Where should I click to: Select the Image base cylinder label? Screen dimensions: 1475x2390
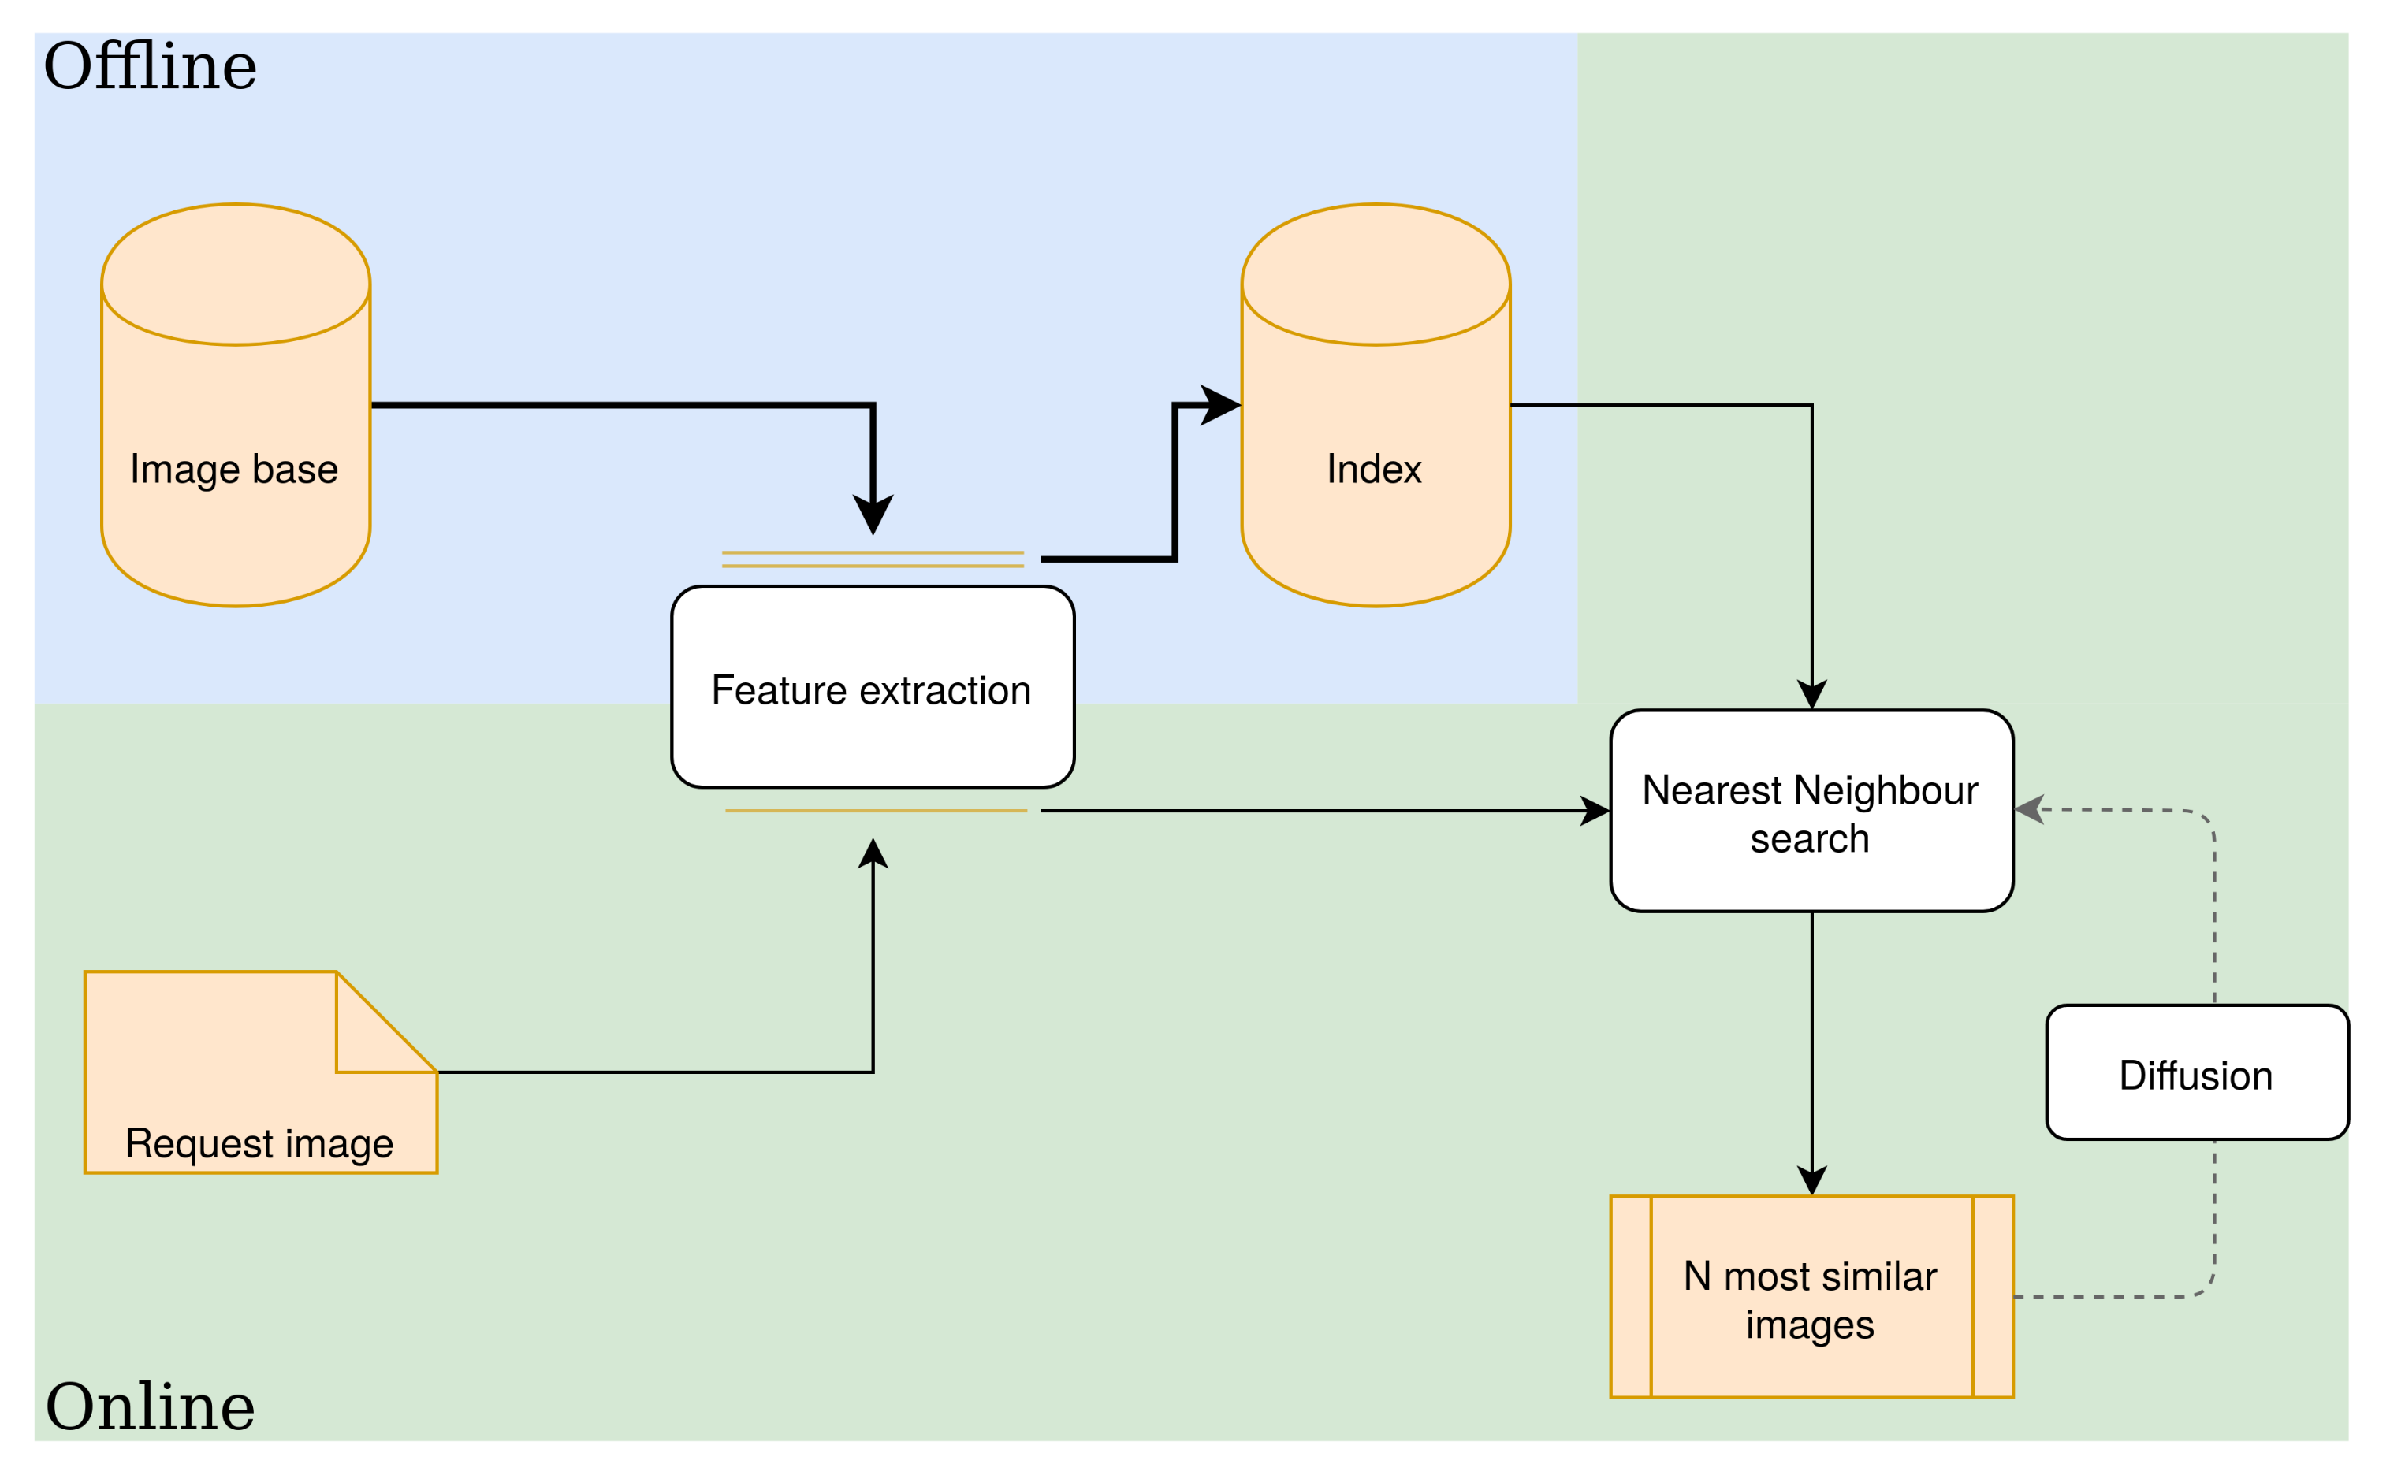(234, 470)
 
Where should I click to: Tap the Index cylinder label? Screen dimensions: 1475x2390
(1374, 470)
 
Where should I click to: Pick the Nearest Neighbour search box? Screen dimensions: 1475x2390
(1811, 812)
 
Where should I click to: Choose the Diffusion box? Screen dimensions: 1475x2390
(2196, 1074)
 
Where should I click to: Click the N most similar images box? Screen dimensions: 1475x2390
(1811, 1299)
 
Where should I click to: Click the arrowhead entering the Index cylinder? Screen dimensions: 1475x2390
(1222, 405)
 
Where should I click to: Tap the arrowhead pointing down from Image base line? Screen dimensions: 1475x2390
(873, 514)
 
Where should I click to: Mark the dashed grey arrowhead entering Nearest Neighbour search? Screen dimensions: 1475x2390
(2029, 810)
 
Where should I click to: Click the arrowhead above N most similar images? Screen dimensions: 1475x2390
(1812, 1180)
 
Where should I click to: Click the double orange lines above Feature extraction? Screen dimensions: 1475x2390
(873, 559)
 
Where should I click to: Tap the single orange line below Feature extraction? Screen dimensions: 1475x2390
(876, 811)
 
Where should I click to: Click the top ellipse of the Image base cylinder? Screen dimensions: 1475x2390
(235, 274)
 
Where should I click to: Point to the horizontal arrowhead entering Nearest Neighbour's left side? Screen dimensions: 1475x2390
(1595, 811)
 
